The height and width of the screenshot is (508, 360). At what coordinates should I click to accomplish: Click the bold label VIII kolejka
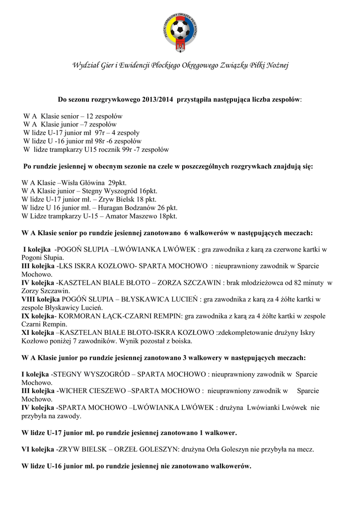[41, 299]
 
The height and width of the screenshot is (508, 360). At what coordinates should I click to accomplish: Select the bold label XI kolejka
[38, 332]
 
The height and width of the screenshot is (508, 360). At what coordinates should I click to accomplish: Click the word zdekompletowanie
[245, 332]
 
